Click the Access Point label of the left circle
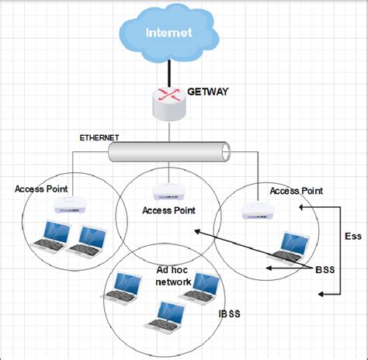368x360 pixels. pos(41,189)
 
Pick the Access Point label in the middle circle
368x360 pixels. pos(168,209)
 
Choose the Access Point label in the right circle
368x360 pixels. pos(295,189)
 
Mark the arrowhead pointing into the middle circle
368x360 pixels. pos(198,230)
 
